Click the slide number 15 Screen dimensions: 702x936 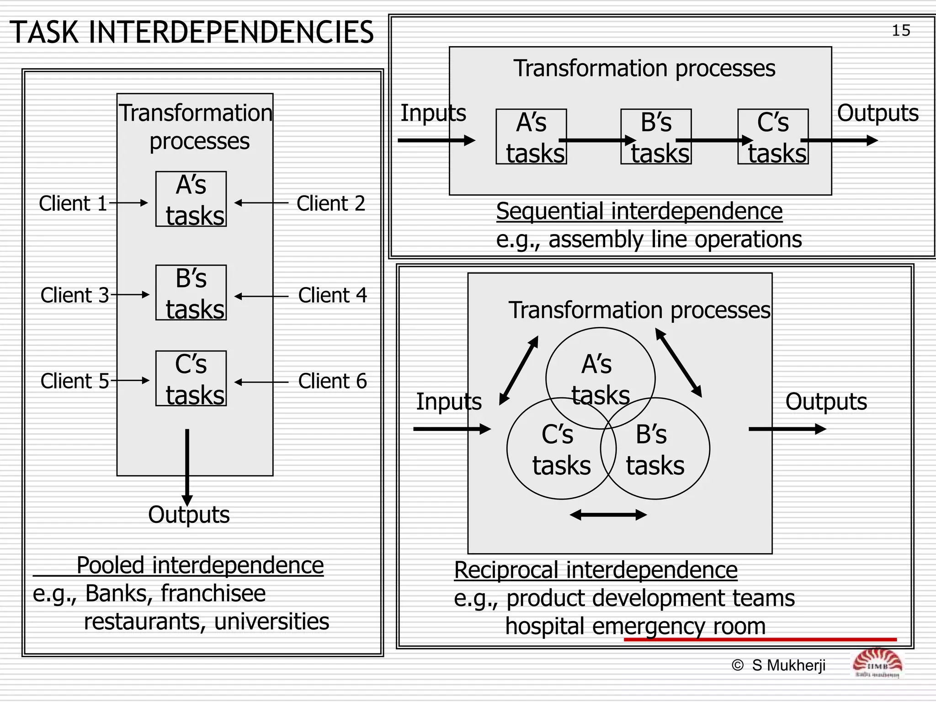pos(901,31)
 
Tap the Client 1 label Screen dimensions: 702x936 pos(73,203)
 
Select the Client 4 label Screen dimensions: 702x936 pos(332,295)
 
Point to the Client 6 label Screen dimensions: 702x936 pos(332,381)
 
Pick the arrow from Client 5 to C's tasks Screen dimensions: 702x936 pos(130,380)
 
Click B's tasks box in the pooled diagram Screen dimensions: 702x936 pos(191,292)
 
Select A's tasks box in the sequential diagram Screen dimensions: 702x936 pos(531,136)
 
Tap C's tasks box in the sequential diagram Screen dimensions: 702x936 pos(773,136)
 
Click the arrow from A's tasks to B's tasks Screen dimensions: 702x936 pos(597,140)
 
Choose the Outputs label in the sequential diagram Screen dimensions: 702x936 pos(877,113)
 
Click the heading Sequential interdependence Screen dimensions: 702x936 pos(639,211)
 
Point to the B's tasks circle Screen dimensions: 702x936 pos(655,449)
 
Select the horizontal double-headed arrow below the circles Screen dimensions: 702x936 pos(608,515)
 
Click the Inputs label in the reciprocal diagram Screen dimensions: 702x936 pos(449,402)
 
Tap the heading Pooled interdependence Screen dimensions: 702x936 pos(200,565)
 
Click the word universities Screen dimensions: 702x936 pos(271,622)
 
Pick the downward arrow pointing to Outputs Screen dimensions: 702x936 pos(187,466)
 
